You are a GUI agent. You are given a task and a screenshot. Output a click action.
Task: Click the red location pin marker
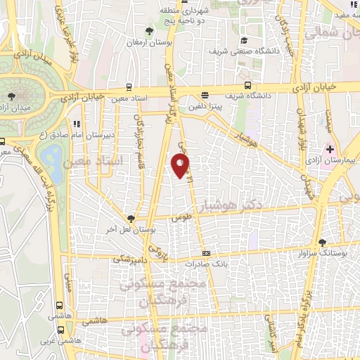click(x=181, y=166)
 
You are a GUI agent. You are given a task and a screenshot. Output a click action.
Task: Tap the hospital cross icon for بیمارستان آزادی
click(x=330, y=150)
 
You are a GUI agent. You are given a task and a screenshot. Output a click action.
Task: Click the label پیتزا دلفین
click(x=205, y=106)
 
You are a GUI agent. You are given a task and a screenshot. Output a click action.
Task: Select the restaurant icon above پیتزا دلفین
click(x=205, y=95)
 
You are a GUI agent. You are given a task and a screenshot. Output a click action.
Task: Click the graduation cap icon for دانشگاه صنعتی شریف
click(x=244, y=40)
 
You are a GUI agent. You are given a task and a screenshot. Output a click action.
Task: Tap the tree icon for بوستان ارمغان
click(x=148, y=31)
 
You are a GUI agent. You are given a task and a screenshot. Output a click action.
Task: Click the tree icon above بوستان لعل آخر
click(x=131, y=218)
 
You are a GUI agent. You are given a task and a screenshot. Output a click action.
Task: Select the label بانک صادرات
click(x=205, y=264)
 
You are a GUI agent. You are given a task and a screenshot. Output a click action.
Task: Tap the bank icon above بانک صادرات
click(x=205, y=253)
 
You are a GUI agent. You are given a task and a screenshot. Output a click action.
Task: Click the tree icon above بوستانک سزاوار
click(x=323, y=241)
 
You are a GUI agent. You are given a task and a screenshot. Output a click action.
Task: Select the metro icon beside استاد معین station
click(x=129, y=88)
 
